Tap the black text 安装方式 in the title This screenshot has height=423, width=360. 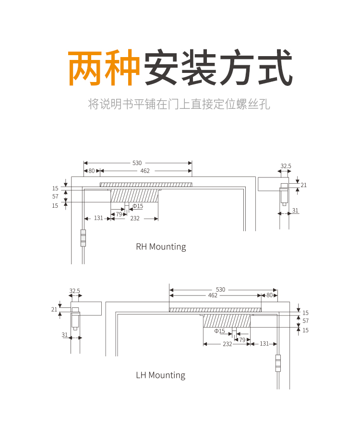point(217,68)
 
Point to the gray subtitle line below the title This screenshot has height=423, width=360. point(180,104)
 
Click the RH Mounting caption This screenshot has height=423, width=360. point(161,247)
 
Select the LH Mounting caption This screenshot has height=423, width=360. point(160,375)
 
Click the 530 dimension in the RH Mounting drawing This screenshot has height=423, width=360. point(137,163)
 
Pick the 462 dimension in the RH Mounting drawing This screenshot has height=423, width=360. point(145,171)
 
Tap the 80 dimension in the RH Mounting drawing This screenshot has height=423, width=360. point(92,171)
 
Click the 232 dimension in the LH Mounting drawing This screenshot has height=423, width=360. point(227,344)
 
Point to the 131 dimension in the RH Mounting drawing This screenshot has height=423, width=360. point(98,218)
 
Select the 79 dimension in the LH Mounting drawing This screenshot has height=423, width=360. point(242,340)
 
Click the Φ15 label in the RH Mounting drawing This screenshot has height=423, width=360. point(138,206)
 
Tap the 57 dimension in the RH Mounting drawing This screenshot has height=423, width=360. point(55,197)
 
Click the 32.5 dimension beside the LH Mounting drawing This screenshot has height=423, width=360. point(74,291)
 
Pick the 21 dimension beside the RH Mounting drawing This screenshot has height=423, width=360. point(303,185)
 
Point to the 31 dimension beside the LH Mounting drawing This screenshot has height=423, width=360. point(65,335)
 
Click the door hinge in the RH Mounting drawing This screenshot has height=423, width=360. point(83,238)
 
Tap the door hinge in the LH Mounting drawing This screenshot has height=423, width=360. point(277,363)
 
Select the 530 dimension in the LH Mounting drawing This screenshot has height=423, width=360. point(220,290)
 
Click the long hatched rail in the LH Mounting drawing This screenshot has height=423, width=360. point(215,309)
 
